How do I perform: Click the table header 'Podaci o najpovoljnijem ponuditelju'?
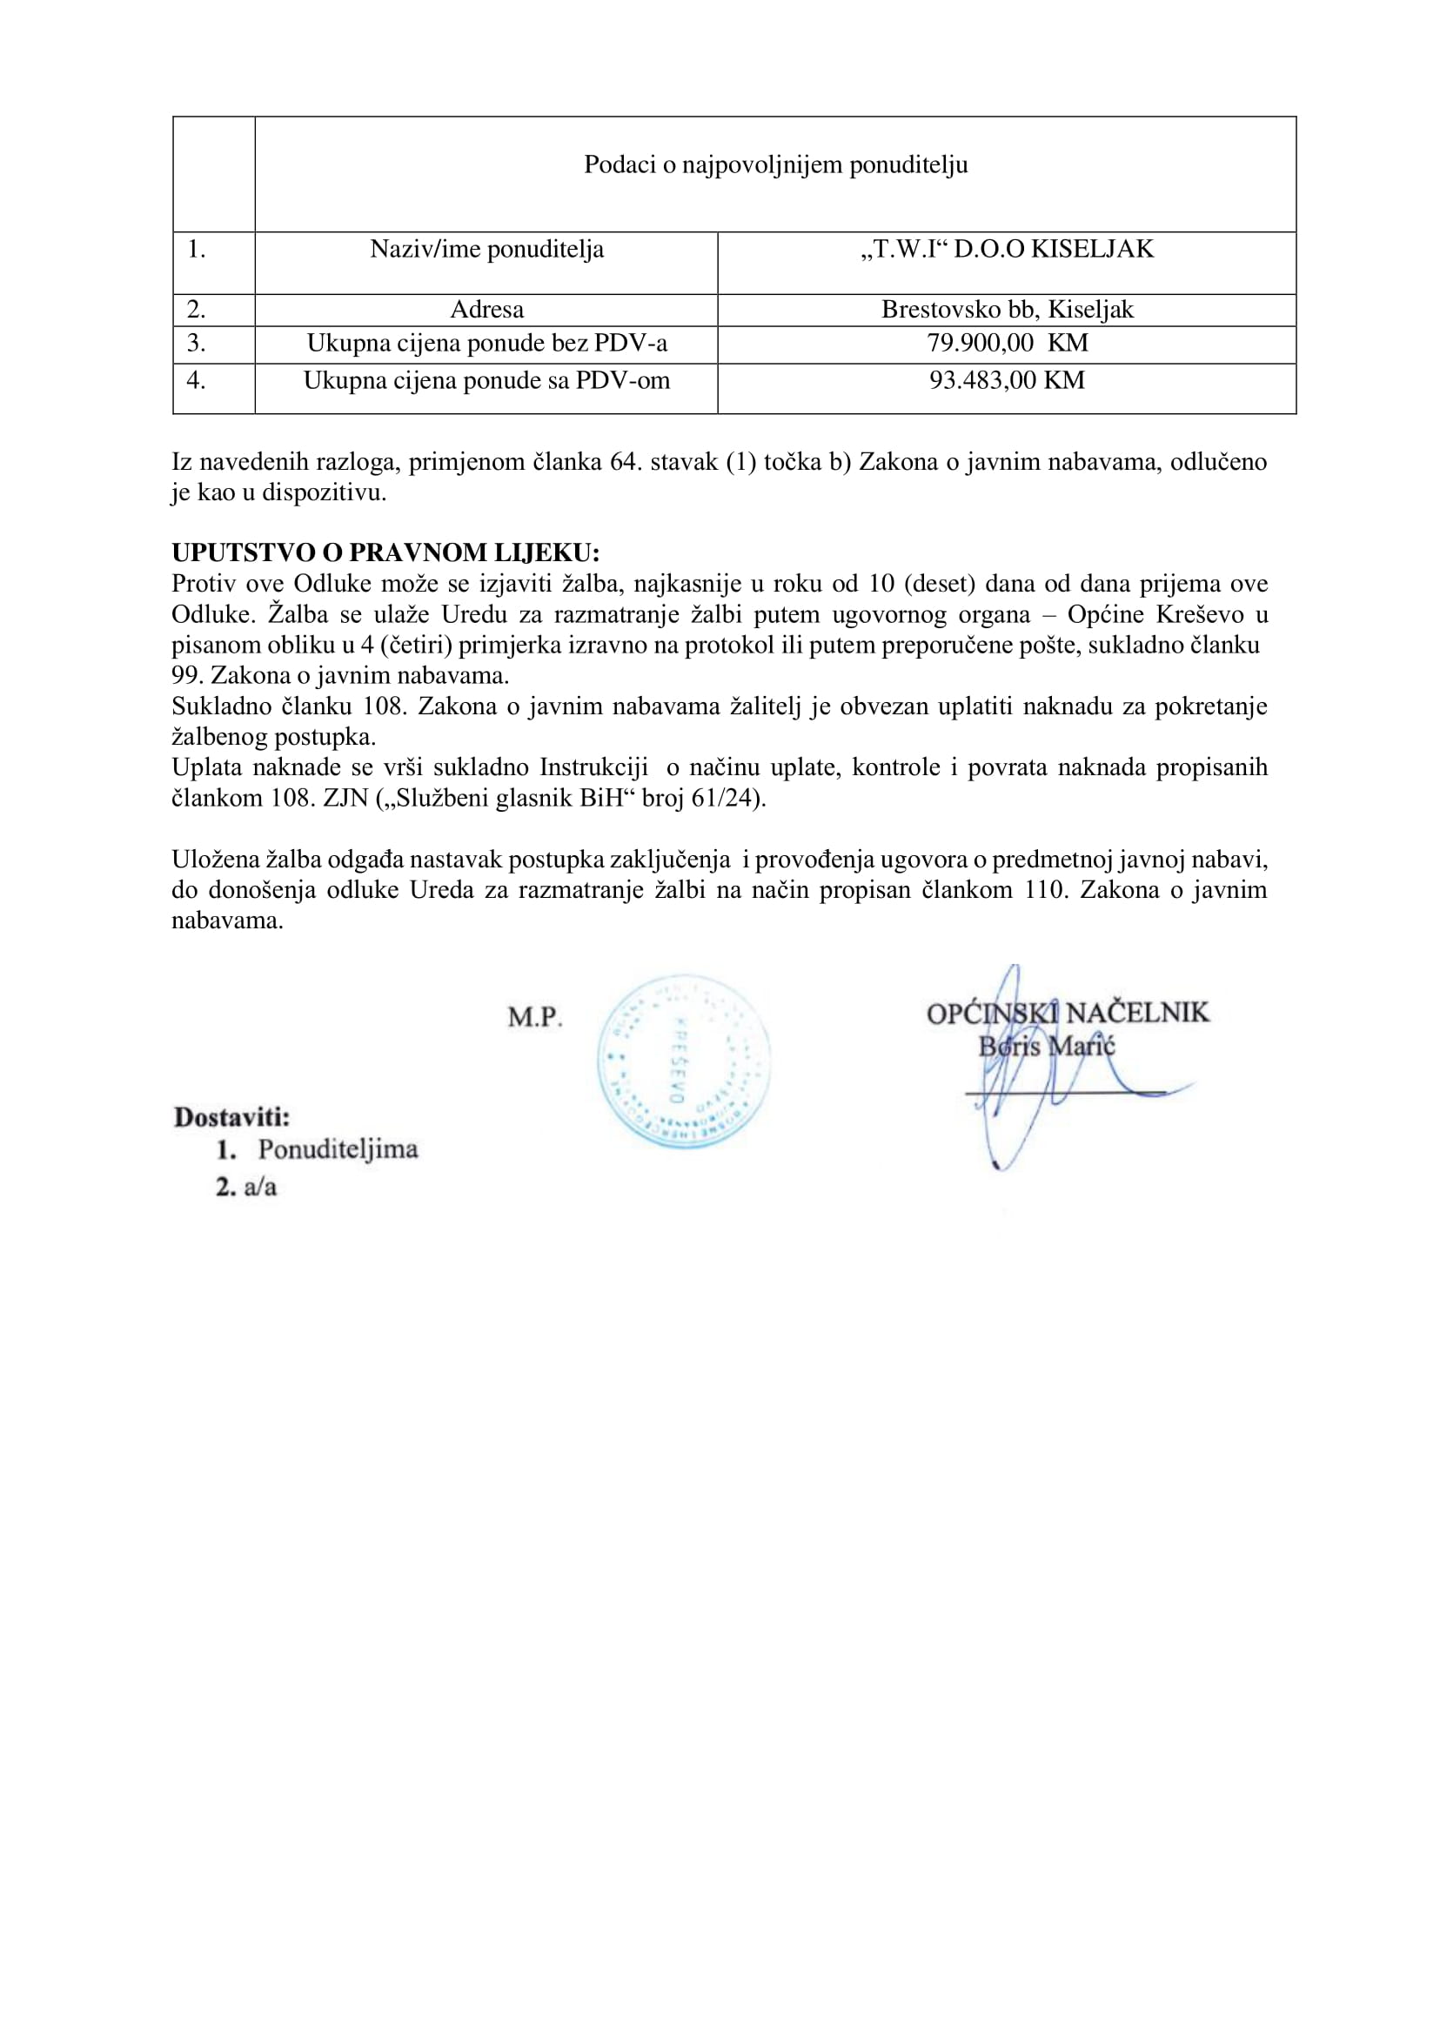775,165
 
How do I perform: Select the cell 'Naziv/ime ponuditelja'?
486,249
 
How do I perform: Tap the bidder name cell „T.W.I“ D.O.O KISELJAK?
1007,249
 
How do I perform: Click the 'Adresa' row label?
486,310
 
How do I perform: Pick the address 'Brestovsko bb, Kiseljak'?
1007,310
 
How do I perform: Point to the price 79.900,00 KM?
1007,343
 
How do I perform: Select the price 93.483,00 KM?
1007,380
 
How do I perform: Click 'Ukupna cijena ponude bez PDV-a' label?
486,343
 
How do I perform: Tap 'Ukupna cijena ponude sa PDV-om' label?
486,380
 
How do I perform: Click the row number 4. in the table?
196,380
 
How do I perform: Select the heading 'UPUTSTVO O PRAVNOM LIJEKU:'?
385,552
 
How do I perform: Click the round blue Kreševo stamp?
683,1061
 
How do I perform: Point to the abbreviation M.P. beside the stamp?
535,1017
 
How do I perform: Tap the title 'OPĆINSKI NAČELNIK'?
1068,1013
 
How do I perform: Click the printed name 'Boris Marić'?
1047,1047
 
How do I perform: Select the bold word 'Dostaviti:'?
232,1116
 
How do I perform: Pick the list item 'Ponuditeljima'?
338,1149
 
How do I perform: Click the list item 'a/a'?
260,1187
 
